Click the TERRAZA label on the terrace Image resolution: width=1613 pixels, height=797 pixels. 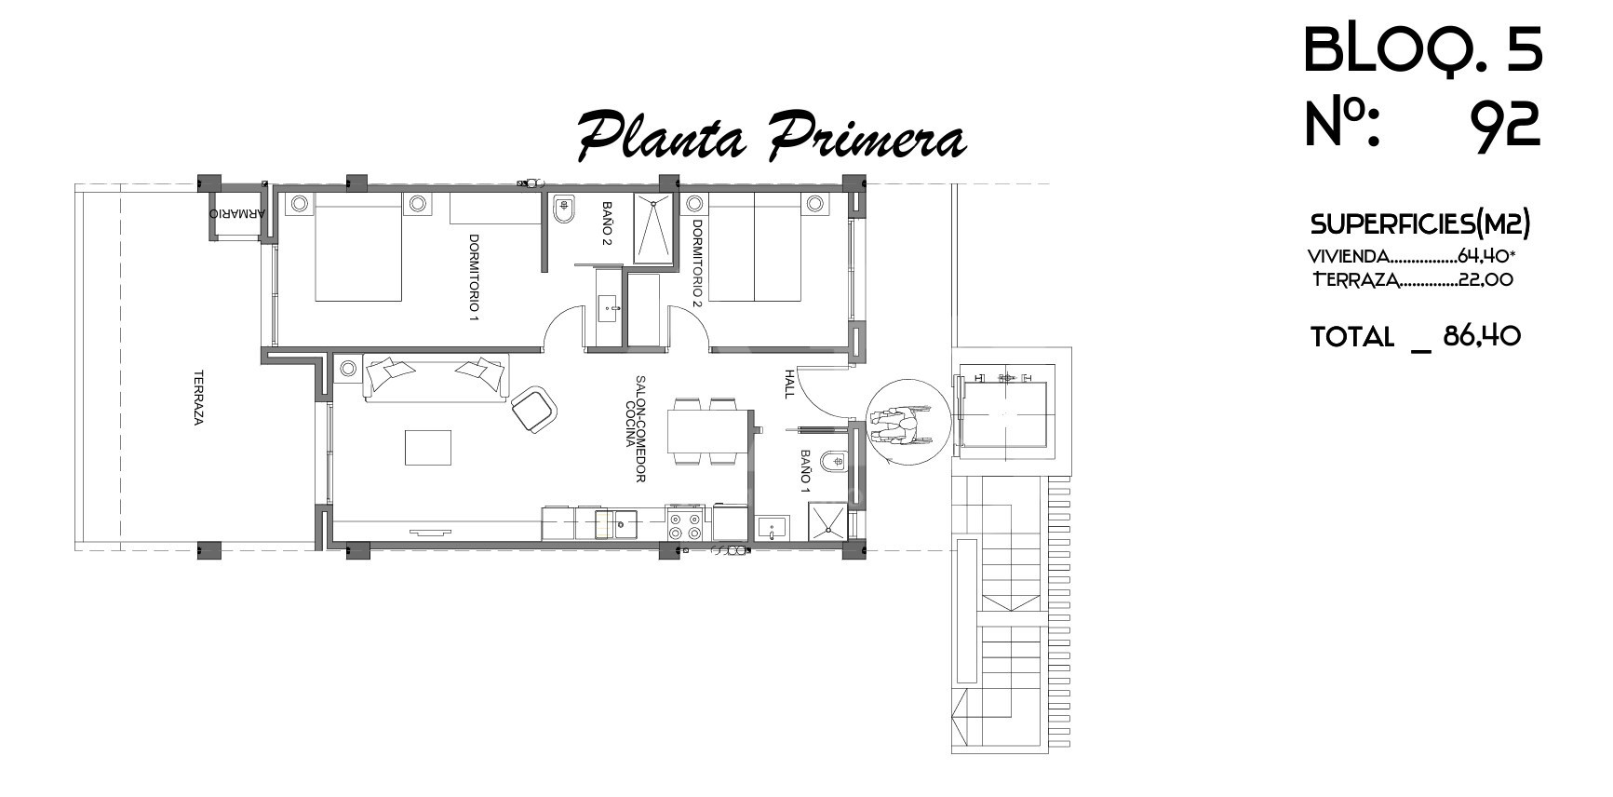point(198,398)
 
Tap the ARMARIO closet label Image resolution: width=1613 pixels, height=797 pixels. point(237,213)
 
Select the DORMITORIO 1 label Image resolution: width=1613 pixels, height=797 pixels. point(474,277)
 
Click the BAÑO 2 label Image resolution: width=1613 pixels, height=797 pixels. point(607,223)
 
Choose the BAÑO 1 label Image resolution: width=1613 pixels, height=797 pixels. point(806,471)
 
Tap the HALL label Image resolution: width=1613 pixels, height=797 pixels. point(789,384)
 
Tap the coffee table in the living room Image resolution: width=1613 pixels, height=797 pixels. point(429,447)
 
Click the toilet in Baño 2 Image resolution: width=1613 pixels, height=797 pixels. point(562,212)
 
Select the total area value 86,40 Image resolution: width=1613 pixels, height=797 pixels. point(1482,335)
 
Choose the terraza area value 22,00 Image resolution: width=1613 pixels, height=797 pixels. point(1485,279)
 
